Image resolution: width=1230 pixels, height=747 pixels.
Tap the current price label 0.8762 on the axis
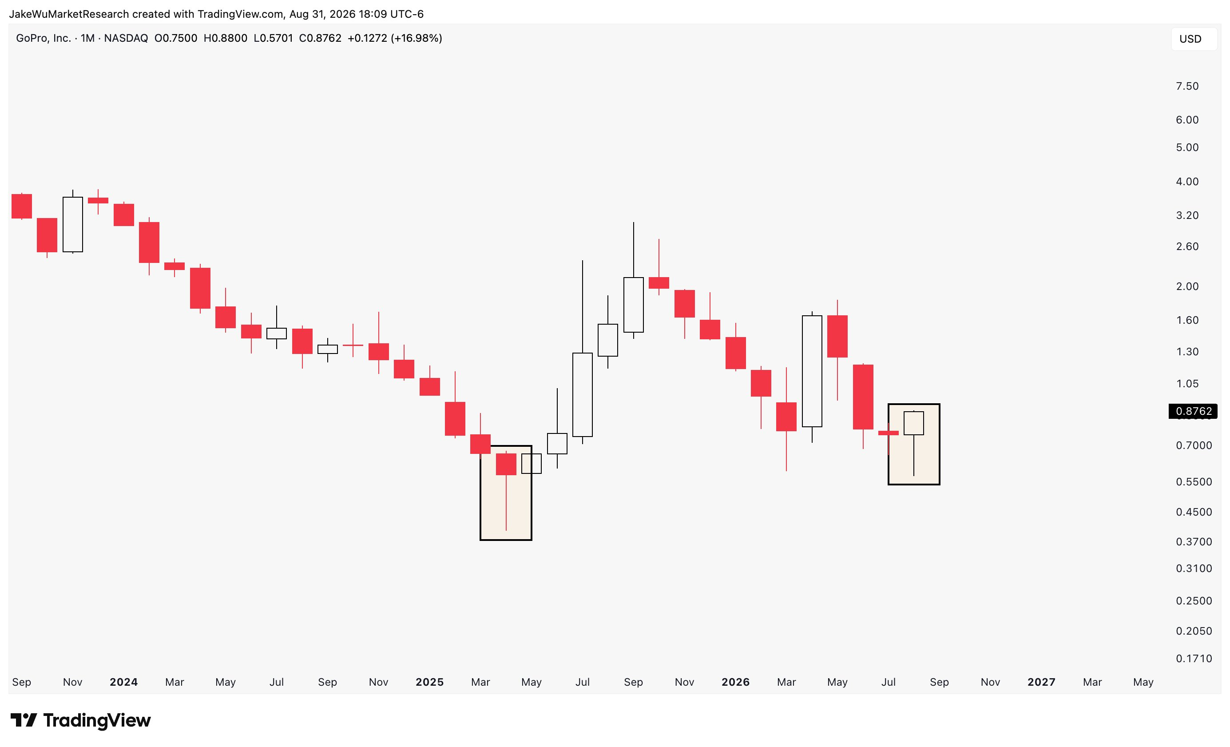[x=1193, y=411]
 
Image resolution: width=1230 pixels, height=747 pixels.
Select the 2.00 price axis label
[x=1187, y=286]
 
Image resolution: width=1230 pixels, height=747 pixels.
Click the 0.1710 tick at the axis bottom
[x=1194, y=659]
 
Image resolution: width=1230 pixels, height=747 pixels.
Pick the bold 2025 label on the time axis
[x=429, y=682]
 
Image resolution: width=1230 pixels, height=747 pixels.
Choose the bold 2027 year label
[x=1041, y=682]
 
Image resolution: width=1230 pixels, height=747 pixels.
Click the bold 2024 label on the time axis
[x=123, y=682]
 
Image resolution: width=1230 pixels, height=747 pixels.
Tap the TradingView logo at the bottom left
[x=80, y=720]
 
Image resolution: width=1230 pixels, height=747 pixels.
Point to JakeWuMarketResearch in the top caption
[x=69, y=14]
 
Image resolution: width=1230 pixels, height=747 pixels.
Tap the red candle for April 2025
[x=506, y=464]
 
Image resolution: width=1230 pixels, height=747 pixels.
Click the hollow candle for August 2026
[x=913, y=423]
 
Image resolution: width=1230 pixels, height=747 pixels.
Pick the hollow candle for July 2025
[x=583, y=395]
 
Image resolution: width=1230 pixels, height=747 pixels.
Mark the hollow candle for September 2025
[x=634, y=305]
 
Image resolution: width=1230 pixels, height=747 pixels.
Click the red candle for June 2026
[x=863, y=397]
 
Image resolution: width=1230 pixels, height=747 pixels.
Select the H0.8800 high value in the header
[x=225, y=39]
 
